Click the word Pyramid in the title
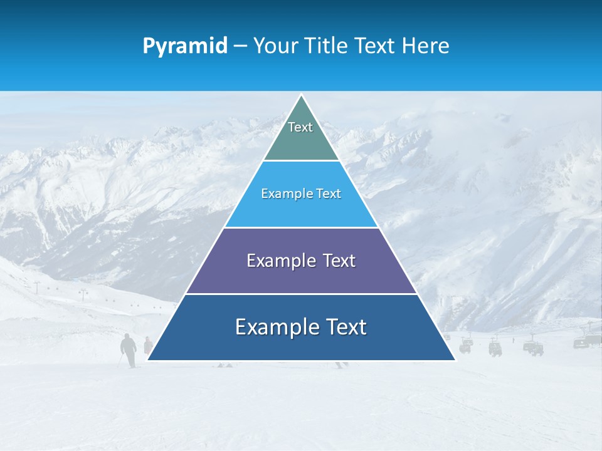point(185,46)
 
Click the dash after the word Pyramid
point(240,46)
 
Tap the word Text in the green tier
point(300,127)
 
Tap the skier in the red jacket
point(147,345)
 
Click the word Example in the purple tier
point(274,261)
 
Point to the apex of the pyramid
point(301,96)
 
